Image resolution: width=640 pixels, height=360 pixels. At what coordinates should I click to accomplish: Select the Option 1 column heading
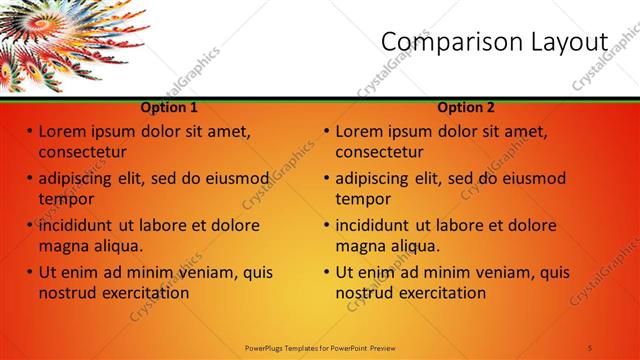tap(169, 107)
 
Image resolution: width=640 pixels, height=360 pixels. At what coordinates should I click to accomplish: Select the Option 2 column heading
tap(466, 107)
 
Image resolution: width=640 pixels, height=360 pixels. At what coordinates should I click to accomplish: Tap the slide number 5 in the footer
tap(590, 347)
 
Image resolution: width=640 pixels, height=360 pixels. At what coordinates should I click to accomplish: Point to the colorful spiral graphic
tap(60, 35)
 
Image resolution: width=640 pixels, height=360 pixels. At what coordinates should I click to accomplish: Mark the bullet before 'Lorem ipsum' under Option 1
tap(30, 131)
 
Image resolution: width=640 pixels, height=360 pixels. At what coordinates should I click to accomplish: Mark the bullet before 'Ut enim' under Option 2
tap(327, 272)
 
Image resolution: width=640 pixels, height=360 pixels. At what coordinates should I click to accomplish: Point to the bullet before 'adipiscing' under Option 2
tap(327, 179)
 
